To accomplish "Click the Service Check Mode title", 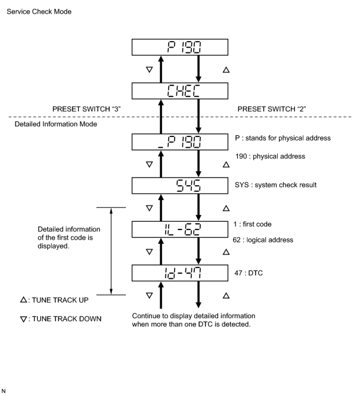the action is (x=39, y=11).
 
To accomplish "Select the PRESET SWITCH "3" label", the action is (x=86, y=109).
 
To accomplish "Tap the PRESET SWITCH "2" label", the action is (x=272, y=109).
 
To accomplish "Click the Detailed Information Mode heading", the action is (x=55, y=124).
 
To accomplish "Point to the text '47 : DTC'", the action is (x=249, y=273).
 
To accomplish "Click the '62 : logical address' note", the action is (x=263, y=240).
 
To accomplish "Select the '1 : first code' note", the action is (x=252, y=224).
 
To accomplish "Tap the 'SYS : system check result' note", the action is (x=275, y=185).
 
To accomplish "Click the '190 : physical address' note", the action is (x=270, y=157).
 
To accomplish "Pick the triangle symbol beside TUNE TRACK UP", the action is (x=23, y=300).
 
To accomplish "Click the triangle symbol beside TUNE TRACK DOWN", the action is (x=23, y=319).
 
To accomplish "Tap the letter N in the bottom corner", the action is (x=3, y=391).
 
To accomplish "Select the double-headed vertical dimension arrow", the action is (x=111, y=251).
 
